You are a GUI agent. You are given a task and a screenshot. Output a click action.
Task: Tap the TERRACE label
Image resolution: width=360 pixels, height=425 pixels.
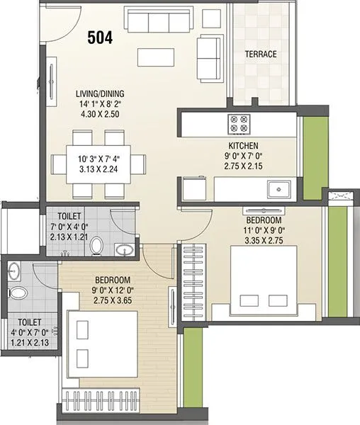tap(260, 54)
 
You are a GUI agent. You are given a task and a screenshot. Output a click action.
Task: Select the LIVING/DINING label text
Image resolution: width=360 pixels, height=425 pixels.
tap(102, 93)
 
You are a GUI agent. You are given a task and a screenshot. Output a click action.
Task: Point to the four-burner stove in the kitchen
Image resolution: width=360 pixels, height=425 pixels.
tap(239, 124)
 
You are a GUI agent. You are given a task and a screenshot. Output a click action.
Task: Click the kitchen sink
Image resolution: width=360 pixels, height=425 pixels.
tap(278, 189)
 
